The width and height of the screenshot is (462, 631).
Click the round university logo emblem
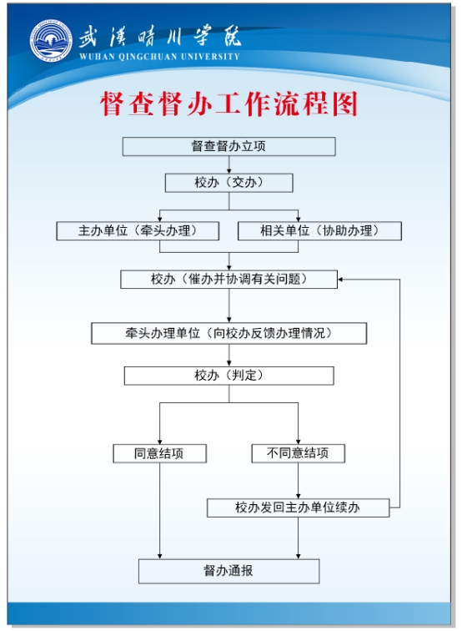pyautogui.click(x=51, y=40)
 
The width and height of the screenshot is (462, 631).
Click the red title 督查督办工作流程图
pyautogui.click(x=228, y=103)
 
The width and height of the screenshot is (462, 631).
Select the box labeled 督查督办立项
pyautogui.click(x=228, y=147)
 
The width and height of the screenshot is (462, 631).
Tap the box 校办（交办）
pyautogui.click(x=228, y=183)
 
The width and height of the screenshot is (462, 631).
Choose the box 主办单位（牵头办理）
pyautogui.click(x=138, y=231)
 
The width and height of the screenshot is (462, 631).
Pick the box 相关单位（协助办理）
pyautogui.click(x=319, y=231)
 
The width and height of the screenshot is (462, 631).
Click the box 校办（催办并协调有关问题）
pyautogui.click(x=228, y=280)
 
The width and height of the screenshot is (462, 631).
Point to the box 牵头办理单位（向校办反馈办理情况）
pyautogui.click(x=228, y=333)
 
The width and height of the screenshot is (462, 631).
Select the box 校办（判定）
pyautogui.click(x=228, y=376)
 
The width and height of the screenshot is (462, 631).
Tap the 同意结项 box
pyautogui.click(x=159, y=453)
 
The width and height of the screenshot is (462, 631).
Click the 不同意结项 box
pyautogui.click(x=298, y=453)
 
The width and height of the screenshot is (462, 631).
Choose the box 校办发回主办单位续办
pyautogui.click(x=298, y=507)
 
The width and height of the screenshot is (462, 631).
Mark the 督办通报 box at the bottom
pyautogui.click(x=228, y=571)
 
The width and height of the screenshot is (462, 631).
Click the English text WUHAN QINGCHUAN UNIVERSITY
pyautogui.click(x=159, y=57)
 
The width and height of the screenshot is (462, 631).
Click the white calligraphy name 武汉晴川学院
pyautogui.click(x=159, y=38)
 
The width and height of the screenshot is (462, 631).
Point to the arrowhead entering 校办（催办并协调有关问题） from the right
pyautogui.click(x=340, y=280)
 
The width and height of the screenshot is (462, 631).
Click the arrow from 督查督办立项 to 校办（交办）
pyautogui.click(x=228, y=165)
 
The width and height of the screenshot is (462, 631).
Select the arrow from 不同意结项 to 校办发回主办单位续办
pyautogui.click(x=298, y=481)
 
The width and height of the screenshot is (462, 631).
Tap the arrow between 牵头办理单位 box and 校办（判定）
pyautogui.click(x=228, y=356)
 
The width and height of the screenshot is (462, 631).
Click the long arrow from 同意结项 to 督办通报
pyautogui.click(x=159, y=511)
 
